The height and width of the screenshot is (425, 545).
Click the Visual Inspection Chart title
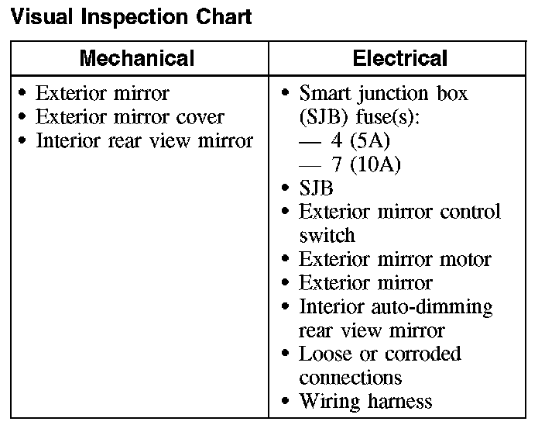132,17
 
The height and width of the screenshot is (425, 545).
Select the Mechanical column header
137,58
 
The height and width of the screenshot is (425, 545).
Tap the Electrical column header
399,58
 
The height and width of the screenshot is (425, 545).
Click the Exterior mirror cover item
130,118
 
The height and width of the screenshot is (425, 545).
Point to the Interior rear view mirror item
144,141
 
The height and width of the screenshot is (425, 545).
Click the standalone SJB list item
316,188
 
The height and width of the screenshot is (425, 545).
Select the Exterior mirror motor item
395,259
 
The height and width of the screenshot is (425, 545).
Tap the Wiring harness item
365,402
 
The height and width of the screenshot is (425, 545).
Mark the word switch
327,236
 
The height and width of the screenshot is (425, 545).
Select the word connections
350,378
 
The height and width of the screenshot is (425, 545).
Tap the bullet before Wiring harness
285,402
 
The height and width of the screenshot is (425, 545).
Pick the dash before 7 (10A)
310,165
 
